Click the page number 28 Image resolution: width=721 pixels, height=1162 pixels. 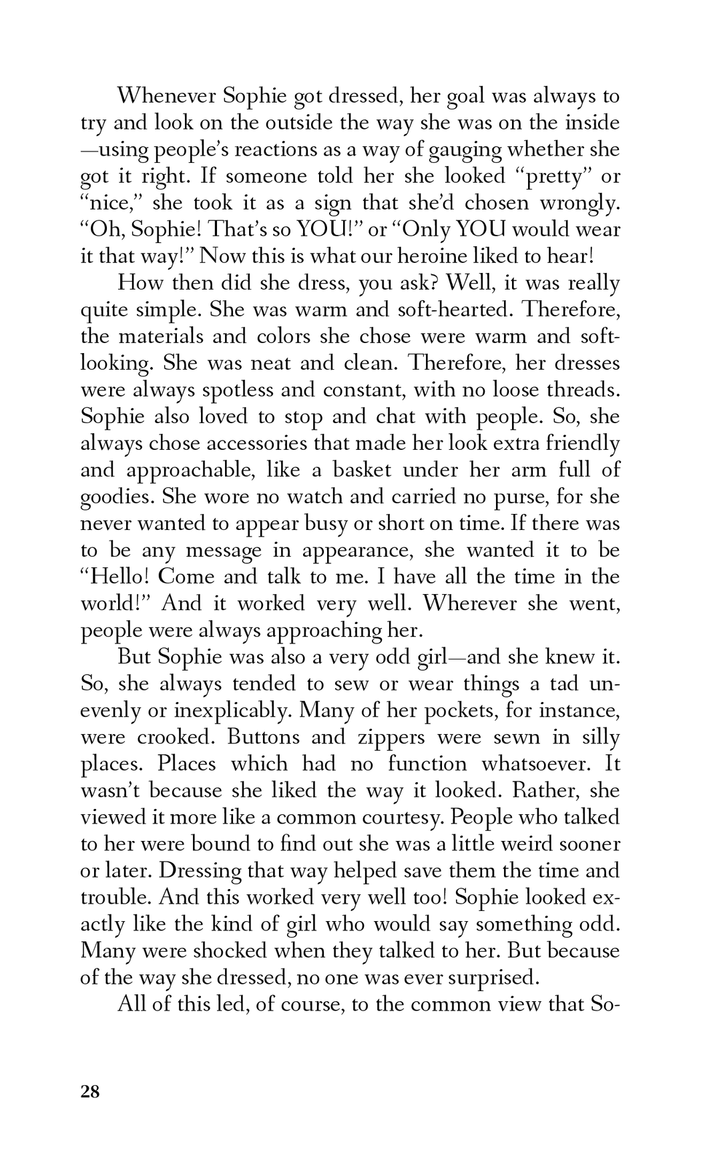pos(90,1092)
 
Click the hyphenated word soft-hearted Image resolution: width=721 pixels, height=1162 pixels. pos(455,310)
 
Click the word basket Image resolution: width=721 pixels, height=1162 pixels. pos(352,470)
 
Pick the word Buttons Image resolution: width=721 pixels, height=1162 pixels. pos(268,737)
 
